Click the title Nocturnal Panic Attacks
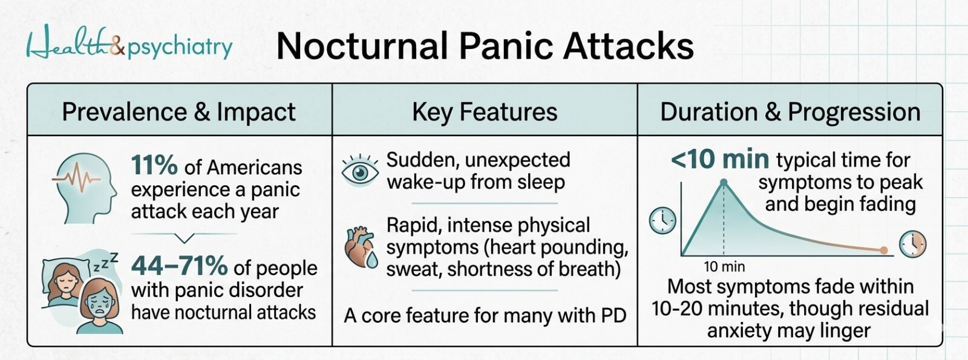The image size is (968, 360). [485, 46]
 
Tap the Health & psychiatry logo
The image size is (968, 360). [129, 45]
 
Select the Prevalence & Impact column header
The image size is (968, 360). [178, 112]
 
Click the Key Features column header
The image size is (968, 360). [485, 112]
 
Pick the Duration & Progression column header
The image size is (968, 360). [790, 112]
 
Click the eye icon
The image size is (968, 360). [360, 172]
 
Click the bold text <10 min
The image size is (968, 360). [720, 160]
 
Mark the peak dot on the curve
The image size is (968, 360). [724, 182]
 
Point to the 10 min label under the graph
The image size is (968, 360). [724, 267]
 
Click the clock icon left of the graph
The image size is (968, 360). [662, 220]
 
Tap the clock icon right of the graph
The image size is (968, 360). [912, 244]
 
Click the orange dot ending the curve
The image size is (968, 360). [884, 250]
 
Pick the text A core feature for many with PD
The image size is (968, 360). [485, 315]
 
